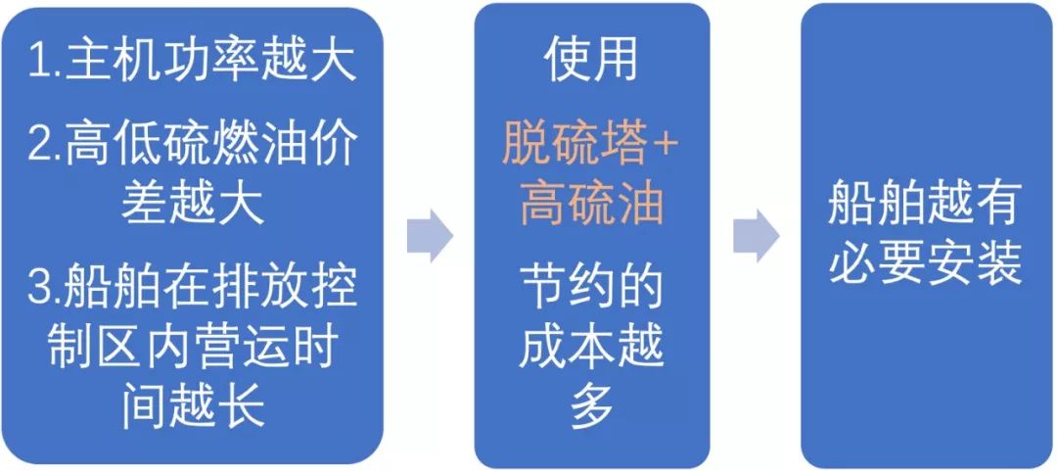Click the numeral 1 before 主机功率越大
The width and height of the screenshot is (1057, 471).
pyautogui.click(x=38, y=63)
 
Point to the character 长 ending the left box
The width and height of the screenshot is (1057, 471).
pyautogui.click(x=240, y=409)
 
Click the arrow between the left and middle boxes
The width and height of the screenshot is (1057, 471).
pyautogui.click(x=429, y=235)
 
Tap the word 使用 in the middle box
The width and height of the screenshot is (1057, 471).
pyautogui.click(x=591, y=63)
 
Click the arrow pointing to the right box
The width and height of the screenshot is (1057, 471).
pyautogui.click(x=757, y=235)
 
